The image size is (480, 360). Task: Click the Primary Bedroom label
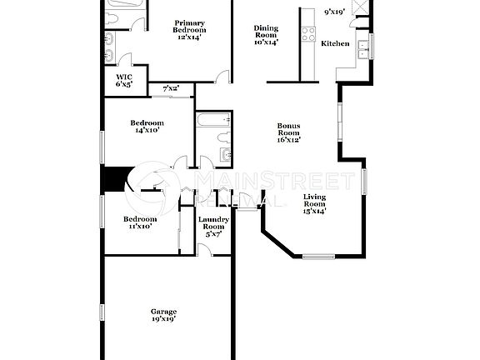click(188, 29)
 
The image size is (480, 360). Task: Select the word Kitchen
click(335, 42)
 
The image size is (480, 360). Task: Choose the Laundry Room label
click(213, 222)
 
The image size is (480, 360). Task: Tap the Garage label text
click(163, 312)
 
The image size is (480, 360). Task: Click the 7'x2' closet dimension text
click(170, 88)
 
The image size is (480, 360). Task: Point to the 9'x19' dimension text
click(336, 12)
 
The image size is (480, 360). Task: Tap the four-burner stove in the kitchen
click(307, 35)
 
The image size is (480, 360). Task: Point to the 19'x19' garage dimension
click(163, 318)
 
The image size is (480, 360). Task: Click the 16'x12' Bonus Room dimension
click(288, 140)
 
